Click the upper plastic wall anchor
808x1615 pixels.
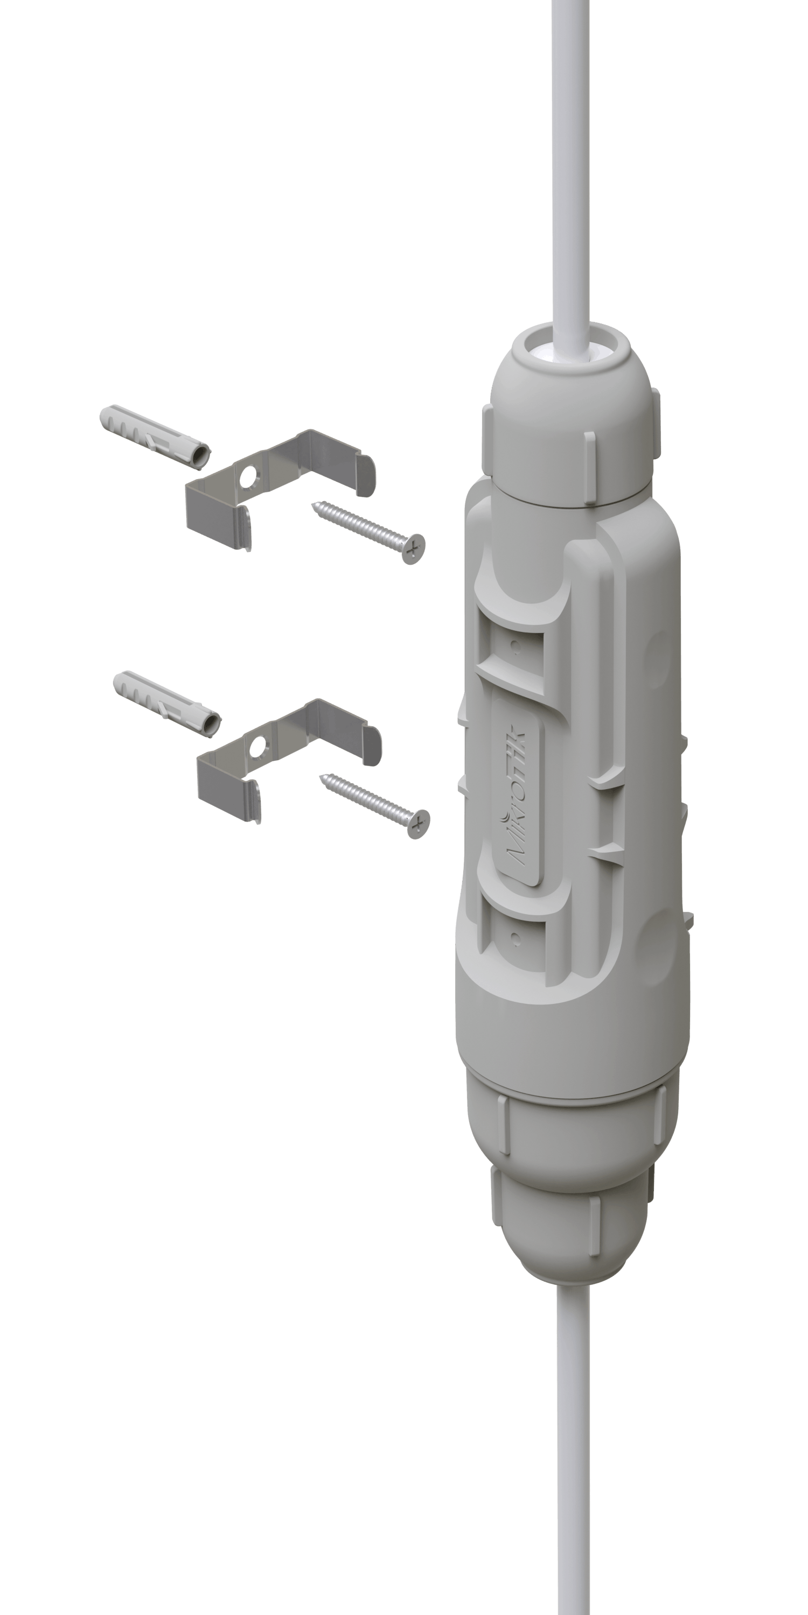[x=155, y=437]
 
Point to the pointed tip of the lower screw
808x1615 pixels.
[x=322, y=777]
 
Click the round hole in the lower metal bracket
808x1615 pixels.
[x=257, y=746]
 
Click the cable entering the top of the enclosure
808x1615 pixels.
[x=570, y=175]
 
